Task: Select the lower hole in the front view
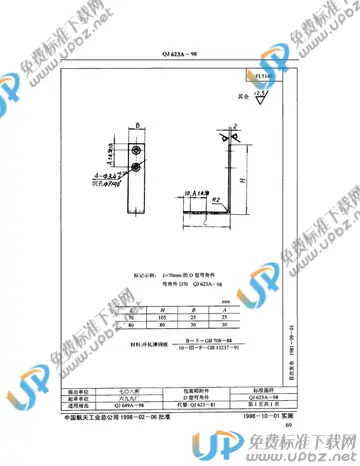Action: [x=135, y=160]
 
